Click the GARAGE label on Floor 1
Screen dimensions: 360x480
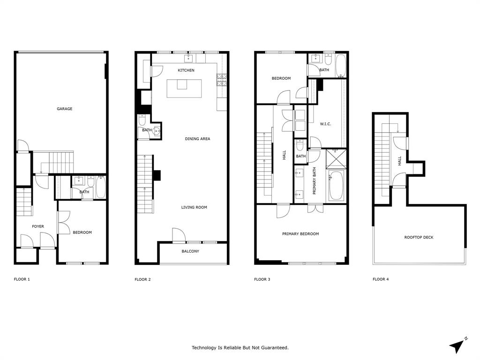coord(65,109)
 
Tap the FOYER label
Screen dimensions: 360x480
coord(38,226)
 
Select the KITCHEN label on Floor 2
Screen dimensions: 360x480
coord(186,70)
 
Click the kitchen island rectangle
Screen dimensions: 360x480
coord(188,88)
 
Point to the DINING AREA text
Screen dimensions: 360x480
coord(197,139)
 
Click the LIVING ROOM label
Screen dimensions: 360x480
coord(194,207)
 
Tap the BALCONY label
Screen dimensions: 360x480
coord(190,251)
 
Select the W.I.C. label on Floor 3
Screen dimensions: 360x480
coord(325,124)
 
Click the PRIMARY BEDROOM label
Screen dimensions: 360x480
coord(300,233)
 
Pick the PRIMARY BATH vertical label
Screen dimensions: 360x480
coord(315,180)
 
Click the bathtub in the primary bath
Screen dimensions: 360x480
coord(336,185)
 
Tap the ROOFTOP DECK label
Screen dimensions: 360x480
coord(419,237)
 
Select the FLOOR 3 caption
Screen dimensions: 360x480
coord(262,279)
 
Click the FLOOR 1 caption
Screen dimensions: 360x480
coord(22,279)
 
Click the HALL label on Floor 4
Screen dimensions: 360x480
coord(400,161)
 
